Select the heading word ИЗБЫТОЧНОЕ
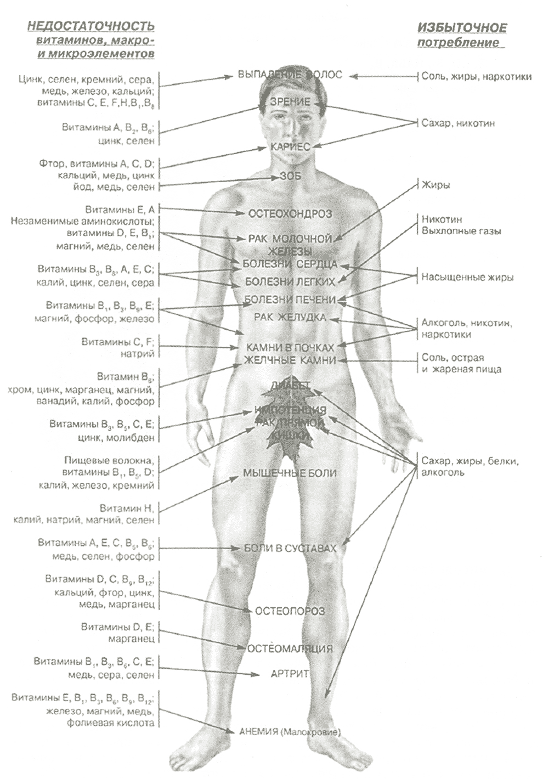coord(462,27)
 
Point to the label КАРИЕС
coord(291,147)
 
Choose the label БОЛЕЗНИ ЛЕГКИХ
coord(290,282)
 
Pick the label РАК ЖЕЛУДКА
coord(290,317)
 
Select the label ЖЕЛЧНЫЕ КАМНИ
coord(290,360)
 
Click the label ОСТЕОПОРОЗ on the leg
coord(290,611)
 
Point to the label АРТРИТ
coord(290,673)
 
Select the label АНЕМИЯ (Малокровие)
coord(290,732)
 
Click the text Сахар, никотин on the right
coord(458,123)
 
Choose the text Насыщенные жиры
coord(467,277)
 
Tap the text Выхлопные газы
coord(461,231)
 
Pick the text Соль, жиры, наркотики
coord(476,76)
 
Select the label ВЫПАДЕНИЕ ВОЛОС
coord(290,75)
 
